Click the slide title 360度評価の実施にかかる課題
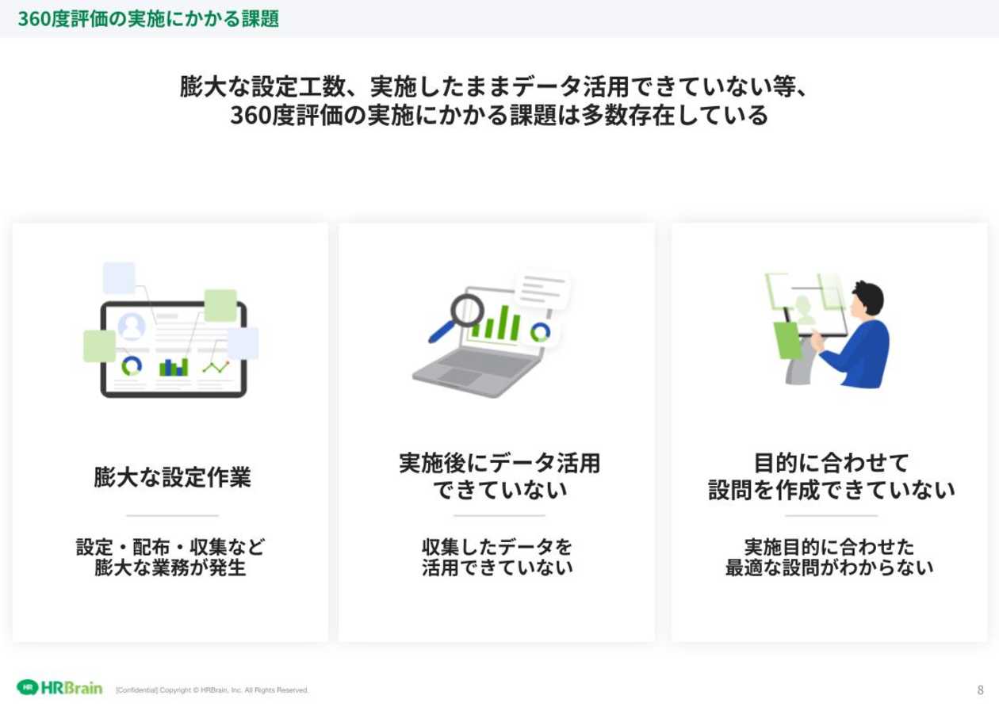tap(148, 19)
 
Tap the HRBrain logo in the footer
tap(59, 688)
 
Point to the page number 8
tap(980, 690)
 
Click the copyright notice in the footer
tap(212, 690)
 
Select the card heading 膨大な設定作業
tap(172, 477)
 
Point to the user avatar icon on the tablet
tap(132, 327)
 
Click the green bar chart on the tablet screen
tap(174, 367)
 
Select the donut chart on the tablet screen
tap(132, 366)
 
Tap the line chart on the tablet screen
tap(216, 367)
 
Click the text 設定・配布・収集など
tap(170, 547)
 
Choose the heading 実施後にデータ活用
tap(499, 463)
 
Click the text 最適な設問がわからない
tap(829, 568)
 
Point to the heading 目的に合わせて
tap(831, 463)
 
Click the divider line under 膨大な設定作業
tap(172, 516)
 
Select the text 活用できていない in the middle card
tap(497, 568)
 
